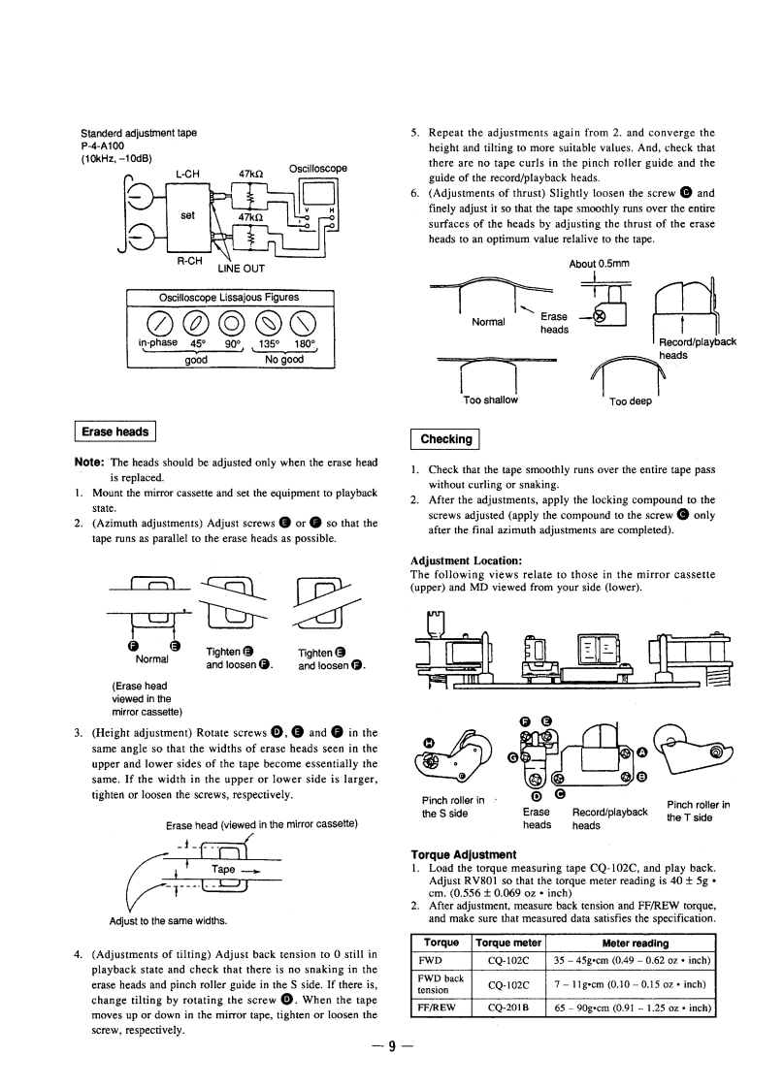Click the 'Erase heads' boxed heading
pos(116,432)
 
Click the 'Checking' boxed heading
pos(444,439)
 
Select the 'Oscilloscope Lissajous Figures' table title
pos(230,297)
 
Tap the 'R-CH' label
pos(189,260)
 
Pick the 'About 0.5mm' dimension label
pos(599,263)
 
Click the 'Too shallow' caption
pos(491,400)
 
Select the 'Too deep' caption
pos(630,400)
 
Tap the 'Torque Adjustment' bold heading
pos(464,853)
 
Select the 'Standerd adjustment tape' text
pos(146,132)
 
